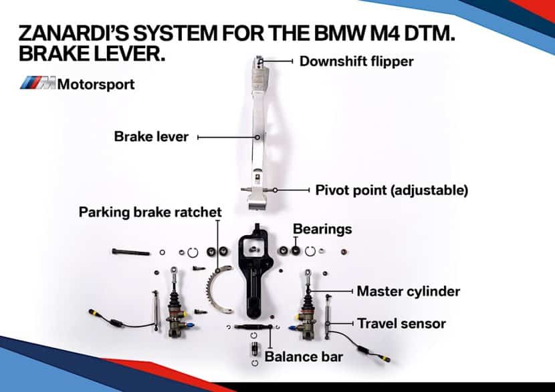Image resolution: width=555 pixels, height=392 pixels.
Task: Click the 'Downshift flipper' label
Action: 356,61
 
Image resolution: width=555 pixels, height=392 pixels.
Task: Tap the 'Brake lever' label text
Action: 151,137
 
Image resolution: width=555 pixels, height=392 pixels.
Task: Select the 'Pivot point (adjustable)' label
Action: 391,190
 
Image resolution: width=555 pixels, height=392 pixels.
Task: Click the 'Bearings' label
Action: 322,229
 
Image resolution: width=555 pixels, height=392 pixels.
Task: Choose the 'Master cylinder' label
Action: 409,291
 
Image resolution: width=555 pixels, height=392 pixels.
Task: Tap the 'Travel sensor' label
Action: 401,324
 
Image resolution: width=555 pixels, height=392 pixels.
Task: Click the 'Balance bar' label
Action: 304,356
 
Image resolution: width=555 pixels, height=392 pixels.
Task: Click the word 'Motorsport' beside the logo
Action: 96,84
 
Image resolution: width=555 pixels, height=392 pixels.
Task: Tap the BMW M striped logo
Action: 37,84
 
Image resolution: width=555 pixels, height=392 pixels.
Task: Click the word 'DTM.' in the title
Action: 424,33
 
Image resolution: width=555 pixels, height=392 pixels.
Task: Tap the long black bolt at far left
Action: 132,252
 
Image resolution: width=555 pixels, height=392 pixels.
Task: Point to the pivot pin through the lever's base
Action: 257,190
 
